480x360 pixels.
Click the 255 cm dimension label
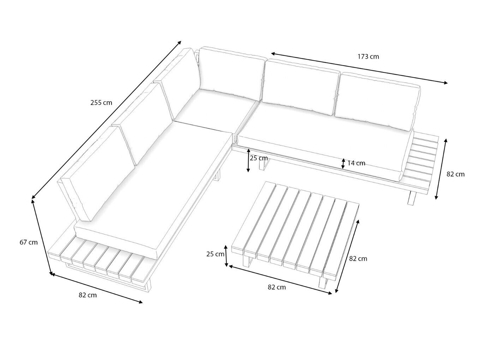[x=101, y=102]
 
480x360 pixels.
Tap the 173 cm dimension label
[x=368, y=56]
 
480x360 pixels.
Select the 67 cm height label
[x=29, y=242]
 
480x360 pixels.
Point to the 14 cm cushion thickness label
[x=356, y=163]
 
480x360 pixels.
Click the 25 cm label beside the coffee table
[x=215, y=254]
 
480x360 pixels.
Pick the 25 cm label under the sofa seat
[x=259, y=158]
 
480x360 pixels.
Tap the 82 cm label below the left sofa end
[x=88, y=295]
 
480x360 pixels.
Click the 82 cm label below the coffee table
[x=277, y=287]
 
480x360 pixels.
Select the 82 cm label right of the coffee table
[x=358, y=259]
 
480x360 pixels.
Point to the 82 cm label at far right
[x=456, y=174]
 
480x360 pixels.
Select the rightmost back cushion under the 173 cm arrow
[x=377, y=102]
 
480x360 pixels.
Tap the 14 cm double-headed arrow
[x=343, y=163]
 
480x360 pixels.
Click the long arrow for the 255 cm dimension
[x=107, y=120]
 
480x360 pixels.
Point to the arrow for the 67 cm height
[x=42, y=238]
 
